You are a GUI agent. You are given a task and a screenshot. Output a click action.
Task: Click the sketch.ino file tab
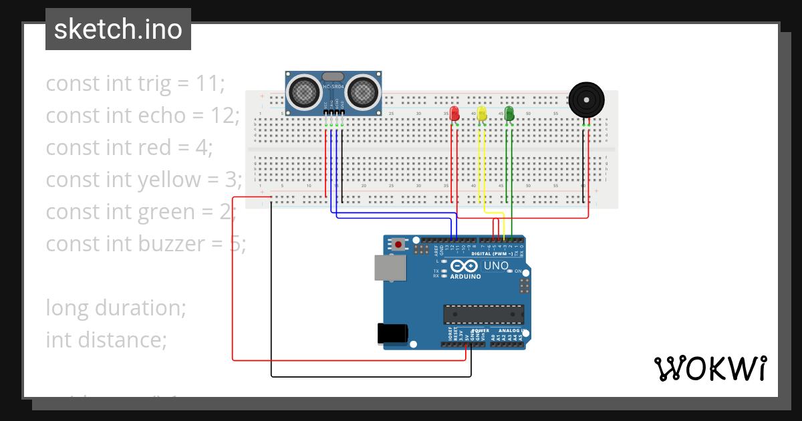pyautogui.click(x=118, y=29)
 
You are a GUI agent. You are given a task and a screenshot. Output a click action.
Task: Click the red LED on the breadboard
pyautogui.click(x=454, y=113)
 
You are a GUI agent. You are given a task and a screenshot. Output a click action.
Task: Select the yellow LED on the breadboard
pyautogui.click(x=482, y=113)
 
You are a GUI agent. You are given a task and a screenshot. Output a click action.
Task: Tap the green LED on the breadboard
pyautogui.click(x=509, y=113)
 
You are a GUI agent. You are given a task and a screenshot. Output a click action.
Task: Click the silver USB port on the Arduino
pyautogui.click(x=390, y=268)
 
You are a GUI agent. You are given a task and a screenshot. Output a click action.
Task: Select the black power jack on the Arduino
pyautogui.click(x=392, y=333)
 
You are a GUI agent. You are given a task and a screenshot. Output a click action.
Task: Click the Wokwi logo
pyautogui.click(x=710, y=368)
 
